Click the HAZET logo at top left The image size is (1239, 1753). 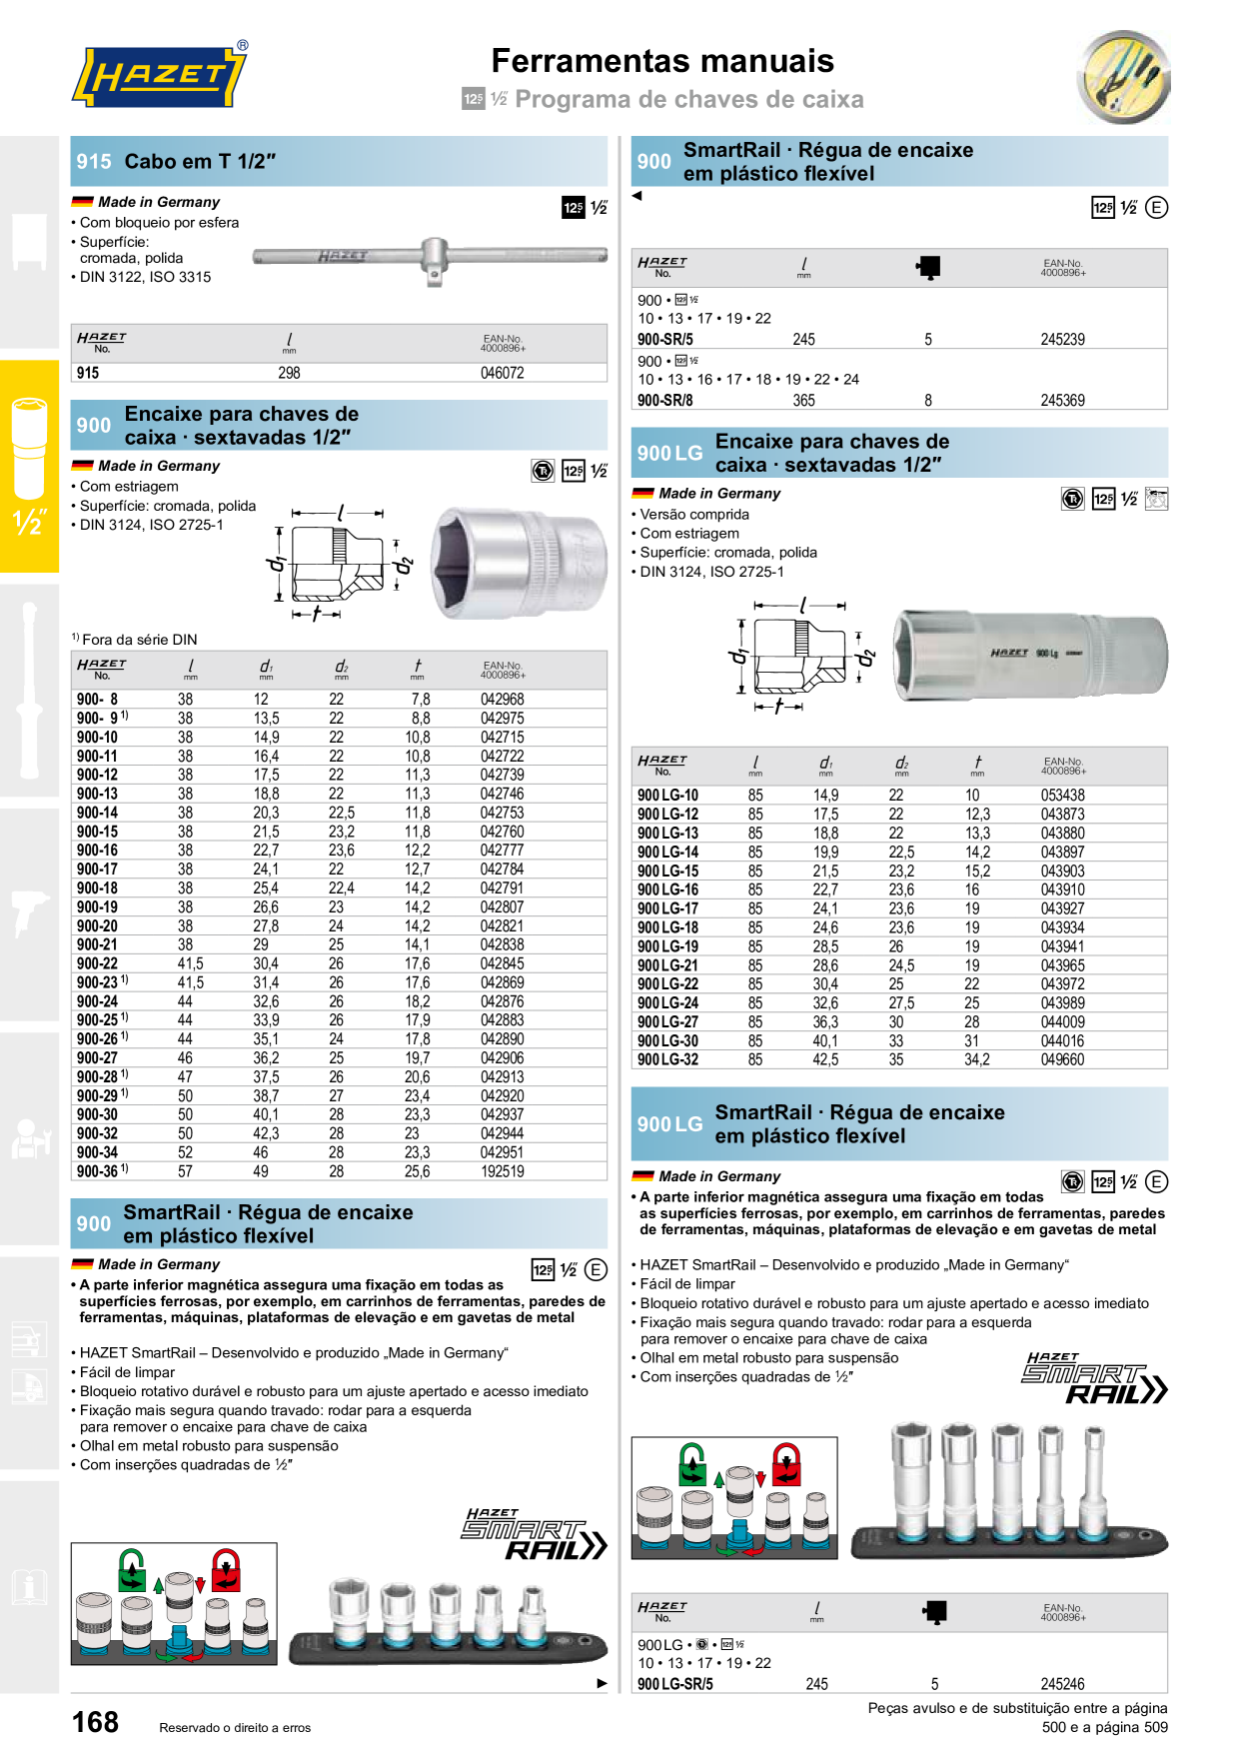pyautogui.click(x=160, y=75)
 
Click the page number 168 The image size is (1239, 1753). pyautogui.click(x=95, y=1722)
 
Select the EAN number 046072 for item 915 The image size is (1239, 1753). pyautogui.click(x=503, y=373)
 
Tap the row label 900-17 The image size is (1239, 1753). pyautogui.click(x=97, y=870)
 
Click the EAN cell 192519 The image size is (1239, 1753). pyautogui.click(x=503, y=1171)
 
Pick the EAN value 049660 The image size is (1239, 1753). pyautogui.click(x=1062, y=1060)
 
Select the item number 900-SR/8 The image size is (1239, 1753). pyautogui.click(x=665, y=401)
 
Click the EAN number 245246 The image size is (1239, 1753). pyautogui.click(x=1062, y=1684)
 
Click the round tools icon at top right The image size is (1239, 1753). pyautogui.click(x=1124, y=77)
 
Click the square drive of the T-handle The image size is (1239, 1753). pyautogui.click(x=435, y=277)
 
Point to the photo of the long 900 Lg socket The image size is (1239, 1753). pyautogui.click(x=1030, y=653)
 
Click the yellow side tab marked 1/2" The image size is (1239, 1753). pyautogui.click(x=29, y=466)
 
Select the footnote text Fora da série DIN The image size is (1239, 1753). pyautogui.click(x=140, y=640)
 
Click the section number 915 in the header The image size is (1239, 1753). pyautogui.click(x=94, y=161)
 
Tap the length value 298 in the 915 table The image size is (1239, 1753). pyautogui.click(x=289, y=373)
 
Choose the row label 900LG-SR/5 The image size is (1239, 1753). pyautogui.click(x=675, y=1684)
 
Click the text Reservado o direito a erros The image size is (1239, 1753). pyautogui.click(x=235, y=1727)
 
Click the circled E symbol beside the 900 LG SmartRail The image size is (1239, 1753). pyautogui.click(x=1156, y=1182)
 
